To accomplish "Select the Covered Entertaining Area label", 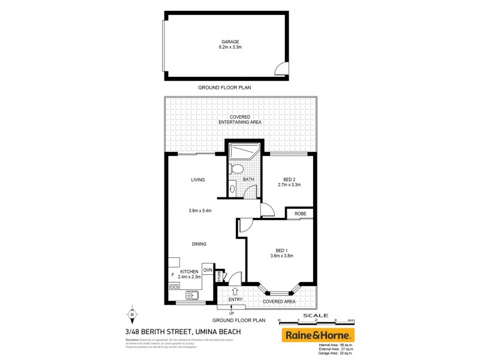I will [x=239, y=119].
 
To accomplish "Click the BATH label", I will [x=248, y=179].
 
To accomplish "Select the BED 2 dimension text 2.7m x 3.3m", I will [x=289, y=185].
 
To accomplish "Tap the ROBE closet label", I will [x=299, y=213].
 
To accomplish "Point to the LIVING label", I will [x=198, y=179].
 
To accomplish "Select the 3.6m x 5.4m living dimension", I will [x=200, y=211].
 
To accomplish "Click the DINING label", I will [x=199, y=244].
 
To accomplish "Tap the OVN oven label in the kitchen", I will [x=208, y=271].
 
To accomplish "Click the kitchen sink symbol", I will [x=192, y=295].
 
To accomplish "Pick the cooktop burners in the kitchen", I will [x=174, y=287].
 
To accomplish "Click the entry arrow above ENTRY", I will [x=235, y=291].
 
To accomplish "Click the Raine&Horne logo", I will [x=318, y=335].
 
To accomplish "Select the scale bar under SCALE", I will [x=321, y=321].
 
